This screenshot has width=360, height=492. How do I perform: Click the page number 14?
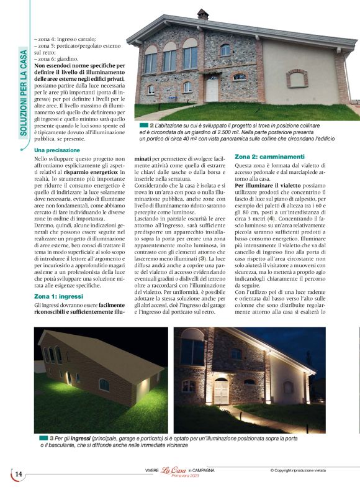[x=18, y=474]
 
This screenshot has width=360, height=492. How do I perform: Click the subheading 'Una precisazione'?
[x=56, y=150]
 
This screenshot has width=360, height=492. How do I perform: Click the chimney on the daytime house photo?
[x=202, y=14]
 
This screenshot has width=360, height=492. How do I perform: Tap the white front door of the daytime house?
[x=212, y=89]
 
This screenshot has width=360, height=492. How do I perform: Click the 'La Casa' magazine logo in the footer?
[x=174, y=470]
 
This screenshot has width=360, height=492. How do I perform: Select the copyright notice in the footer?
[x=306, y=470]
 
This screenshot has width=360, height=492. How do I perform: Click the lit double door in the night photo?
[x=221, y=391]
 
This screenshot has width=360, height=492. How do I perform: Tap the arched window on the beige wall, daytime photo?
[x=297, y=78]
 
